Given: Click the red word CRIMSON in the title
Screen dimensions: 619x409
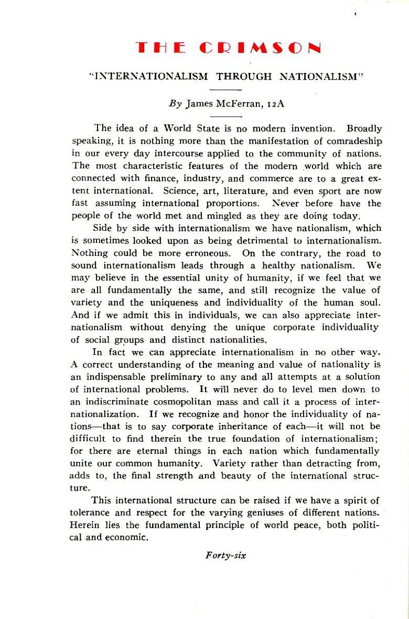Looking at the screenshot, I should [x=261, y=48].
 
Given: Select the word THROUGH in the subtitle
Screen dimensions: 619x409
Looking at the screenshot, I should [x=244, y=77].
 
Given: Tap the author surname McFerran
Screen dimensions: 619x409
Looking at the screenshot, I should [x=236, y=103].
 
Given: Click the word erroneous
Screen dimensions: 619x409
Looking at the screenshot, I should [x=208, y=253].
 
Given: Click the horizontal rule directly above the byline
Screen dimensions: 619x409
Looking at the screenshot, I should [x=229, y=90].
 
